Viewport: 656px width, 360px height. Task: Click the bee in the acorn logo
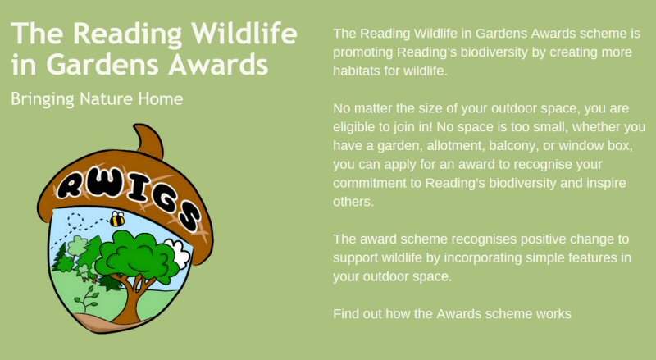point(117,219)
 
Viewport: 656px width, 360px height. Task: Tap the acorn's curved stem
point(148,140)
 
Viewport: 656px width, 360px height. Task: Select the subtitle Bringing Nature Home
point(97,99)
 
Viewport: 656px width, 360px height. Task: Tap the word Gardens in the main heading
point(106,65)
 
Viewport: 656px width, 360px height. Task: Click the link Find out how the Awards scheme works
point(452,313)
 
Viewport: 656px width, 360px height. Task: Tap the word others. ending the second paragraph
point(353,202)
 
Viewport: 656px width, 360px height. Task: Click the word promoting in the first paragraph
point(362,52)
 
